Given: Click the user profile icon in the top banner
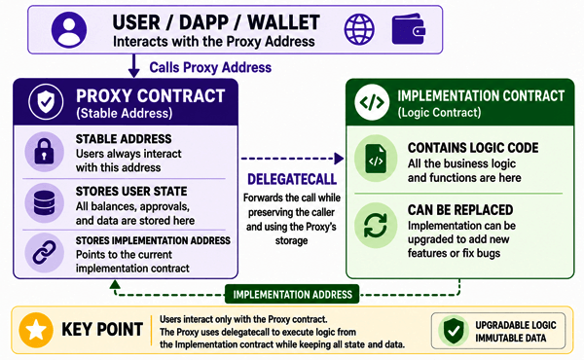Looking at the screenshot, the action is click(x=69, y=29).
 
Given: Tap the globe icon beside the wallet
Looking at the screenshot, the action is click(x=359, y=29).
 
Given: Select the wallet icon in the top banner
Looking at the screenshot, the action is click(x=409, y=29).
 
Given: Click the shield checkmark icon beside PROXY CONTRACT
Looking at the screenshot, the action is click(x=46, y=101).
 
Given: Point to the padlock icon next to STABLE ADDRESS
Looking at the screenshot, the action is click(x=44, y=152).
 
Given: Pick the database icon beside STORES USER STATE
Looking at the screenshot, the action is click(x=44, y=203).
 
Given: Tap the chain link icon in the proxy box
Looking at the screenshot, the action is click(x=44, y=253).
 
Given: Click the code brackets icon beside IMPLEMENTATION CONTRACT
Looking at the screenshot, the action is click(x=372, y=102).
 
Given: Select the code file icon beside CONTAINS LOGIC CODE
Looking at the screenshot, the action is click(x=376, y=159).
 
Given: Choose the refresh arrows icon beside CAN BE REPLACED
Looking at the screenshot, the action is click(x=376, y=226).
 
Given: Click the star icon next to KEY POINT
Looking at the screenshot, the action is click(x=36, y=330).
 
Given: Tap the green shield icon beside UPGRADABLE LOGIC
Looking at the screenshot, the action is click(x=454, y=331).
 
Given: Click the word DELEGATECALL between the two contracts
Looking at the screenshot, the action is click(x=292, y=179).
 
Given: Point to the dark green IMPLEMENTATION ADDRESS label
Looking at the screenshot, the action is click(x=292, y=295).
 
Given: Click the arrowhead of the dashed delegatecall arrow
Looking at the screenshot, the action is click(x=339, y=159).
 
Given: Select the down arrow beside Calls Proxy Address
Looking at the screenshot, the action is click(x=133, y=66).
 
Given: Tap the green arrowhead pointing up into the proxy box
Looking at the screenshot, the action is click(x=115, y=285).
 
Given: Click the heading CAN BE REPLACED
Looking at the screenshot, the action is click(x=460, y=210).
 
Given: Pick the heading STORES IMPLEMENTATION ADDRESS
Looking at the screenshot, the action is click(x=153, y=240).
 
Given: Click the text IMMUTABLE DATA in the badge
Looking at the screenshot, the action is click(x=511, y=338).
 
